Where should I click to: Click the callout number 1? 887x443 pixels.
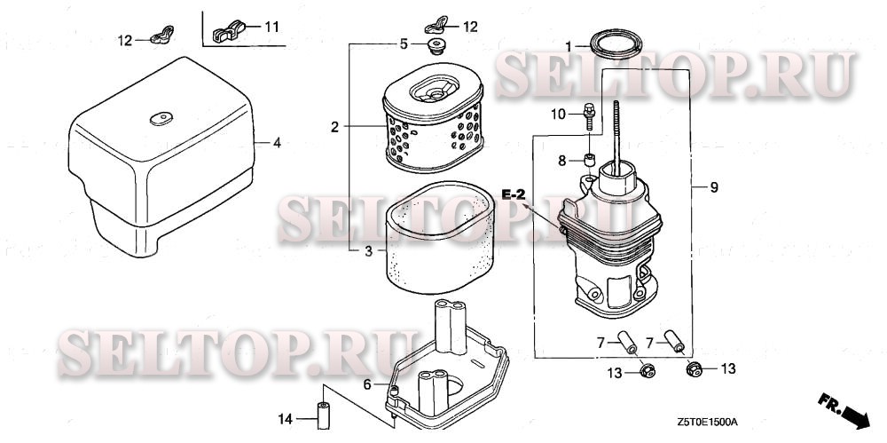pyautogui.click(x=569, y=44)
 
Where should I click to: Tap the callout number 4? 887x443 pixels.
pyautogui.click(x=277, y=143)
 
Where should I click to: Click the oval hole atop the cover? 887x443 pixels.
pyautogui.click(x=161, y=118)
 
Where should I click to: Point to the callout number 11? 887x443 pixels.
pyautogui.click(x=271, y=27)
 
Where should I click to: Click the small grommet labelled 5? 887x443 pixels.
pyautogui.click(x=435, y=47)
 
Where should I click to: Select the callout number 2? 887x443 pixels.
pyautogui.click(x=335, y=128)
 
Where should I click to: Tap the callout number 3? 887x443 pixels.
pyautogui.click(x=368, y=251)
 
